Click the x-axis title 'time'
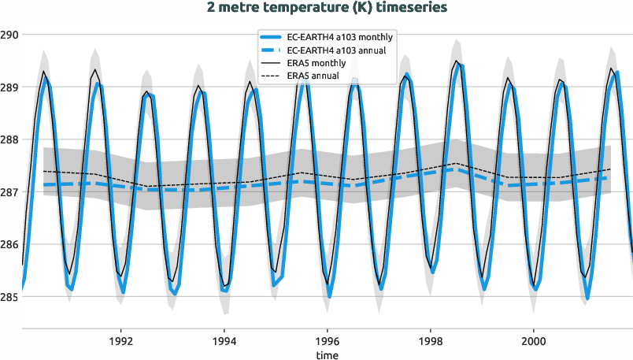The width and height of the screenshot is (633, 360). point(327,355)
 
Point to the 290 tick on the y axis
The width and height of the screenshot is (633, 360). point(9,35)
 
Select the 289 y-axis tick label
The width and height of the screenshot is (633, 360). point(9,87)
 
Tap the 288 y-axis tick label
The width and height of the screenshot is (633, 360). point(9,140)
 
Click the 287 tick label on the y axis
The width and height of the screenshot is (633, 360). point(9,192)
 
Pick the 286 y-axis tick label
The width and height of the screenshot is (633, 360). point(9,245)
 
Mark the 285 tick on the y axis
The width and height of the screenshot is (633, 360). point(9,298)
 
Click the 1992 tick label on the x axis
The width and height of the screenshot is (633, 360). point(121,342)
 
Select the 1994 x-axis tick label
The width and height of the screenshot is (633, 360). point(224,342)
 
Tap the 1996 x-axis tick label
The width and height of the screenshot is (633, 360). point(328,342)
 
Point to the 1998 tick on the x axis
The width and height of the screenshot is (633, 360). point(431,342)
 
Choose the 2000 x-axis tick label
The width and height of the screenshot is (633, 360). point(534,342)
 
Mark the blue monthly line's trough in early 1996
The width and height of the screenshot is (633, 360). point(329,296)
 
